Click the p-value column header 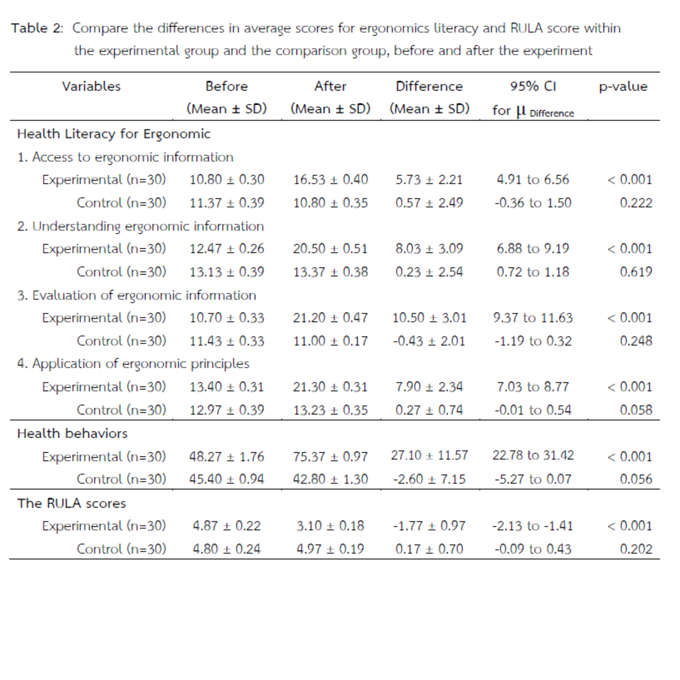(x=623, y=87)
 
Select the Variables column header (x=91, y=87)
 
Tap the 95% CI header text (x=533, y=87)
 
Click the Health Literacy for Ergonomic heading (x=114, y=134)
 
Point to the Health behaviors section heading (x=72, y=433)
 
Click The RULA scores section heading (x=71, y=503)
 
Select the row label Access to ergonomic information (x=126, y=157)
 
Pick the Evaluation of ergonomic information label (x=137, y=295)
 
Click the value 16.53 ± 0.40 (x=330, y=180)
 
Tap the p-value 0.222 (x=636, y=203)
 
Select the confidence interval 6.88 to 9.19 (x=533, y=249)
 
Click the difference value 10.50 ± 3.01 (x=429, y=318)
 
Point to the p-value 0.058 (x=636, y=410)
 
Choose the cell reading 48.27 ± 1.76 (x=226, y=456)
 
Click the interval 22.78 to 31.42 (x=533, y=456)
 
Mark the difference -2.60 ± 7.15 (x=429, y=479)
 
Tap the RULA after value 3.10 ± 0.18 (x=330, y=526)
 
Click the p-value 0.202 (x=636, y=549)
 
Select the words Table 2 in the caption (x=37, y=28)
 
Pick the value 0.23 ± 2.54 (x=429, y=272)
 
